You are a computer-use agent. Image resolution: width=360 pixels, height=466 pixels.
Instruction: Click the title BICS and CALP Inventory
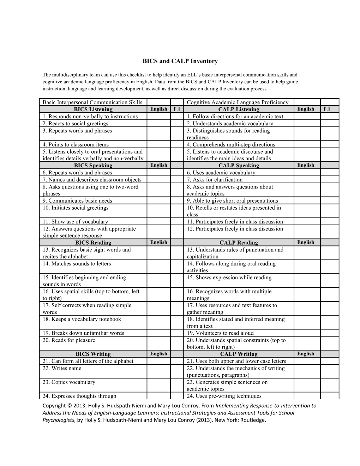[x=180, y=61]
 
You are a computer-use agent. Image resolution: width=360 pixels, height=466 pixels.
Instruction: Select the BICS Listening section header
[x=93, y=109]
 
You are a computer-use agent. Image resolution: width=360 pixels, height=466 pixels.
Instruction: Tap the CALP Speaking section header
[x=239, y=166]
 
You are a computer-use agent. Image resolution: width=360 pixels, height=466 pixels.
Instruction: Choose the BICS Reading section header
[x=93, y=243]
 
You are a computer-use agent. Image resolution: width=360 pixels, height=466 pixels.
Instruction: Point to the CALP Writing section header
[x=239, y=354]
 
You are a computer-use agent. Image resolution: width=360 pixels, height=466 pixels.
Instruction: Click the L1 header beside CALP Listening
[x=327, y=109]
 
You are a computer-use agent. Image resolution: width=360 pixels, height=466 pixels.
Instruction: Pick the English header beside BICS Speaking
[x=158, y=165]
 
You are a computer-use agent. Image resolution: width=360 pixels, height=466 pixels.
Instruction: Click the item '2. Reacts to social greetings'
[x=76, y=124]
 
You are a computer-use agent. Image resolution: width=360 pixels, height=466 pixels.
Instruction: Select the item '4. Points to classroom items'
[x=76, y=144]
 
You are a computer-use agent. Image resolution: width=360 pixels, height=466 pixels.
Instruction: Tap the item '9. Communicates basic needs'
[x=77, y=201]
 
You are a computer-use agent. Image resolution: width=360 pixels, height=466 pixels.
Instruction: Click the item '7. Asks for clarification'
[x=215, y=180]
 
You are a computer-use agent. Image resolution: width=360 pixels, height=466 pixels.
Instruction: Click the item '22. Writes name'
[x=62, y=368]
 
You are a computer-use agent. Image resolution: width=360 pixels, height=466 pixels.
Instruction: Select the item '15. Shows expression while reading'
[x=229, y=277]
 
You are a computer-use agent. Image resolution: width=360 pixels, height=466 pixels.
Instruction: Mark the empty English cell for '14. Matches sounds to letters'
[x=158, y=267]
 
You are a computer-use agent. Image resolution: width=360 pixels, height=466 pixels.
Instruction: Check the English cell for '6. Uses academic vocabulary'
[x=306, y=173]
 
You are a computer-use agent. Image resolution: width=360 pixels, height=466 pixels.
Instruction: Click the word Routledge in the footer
[x=253, y=420]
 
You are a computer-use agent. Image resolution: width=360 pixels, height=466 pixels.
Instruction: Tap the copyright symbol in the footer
[x=69, y=406]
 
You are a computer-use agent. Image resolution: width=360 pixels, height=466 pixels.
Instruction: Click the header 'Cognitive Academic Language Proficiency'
[x=238, y=102]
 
